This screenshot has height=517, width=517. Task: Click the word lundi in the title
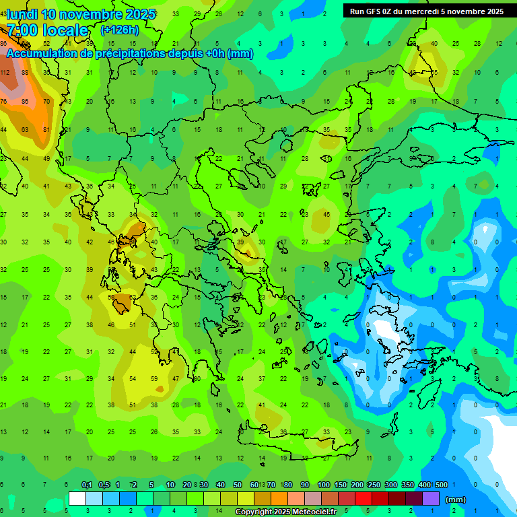[x=23, y=14]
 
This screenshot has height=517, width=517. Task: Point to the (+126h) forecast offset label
[x=119, y=30]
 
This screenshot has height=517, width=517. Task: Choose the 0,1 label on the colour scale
[x=87, y=485]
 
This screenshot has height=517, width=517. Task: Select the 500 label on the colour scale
[x=442, y=485]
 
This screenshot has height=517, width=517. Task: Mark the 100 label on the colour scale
[x=324, y=485]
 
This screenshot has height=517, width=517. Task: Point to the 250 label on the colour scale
[x=374, y=485]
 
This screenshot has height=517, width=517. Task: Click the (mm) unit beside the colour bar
[x=456, y=499]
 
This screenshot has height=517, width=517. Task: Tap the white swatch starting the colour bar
[x=77, y=499]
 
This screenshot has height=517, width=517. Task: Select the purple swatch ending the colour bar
[x=431, y=499]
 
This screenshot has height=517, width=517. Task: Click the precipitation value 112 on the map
[x=4, y=73]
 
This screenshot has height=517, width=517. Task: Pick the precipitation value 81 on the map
[x=46, y=129]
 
